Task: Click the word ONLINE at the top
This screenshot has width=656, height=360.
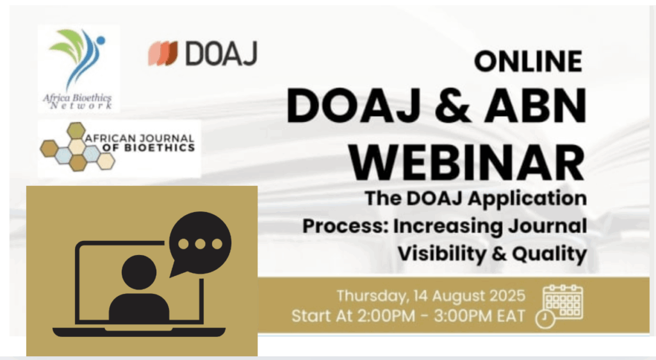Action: tap(528, 61)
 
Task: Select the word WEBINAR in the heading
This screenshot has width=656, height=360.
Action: tap(467, 162)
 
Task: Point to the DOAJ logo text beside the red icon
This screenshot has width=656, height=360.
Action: tap(221, 53)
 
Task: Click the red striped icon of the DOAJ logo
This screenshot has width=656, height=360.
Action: tap(163, 53)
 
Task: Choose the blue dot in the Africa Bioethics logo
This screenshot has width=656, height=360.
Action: tap(101, 40)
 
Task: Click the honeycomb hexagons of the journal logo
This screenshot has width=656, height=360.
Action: tap(77, 147)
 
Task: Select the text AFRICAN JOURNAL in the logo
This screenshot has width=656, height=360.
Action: tap(140, 138)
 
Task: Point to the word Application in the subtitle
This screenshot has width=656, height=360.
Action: tap(528, 199)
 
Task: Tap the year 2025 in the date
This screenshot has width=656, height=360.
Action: tap(507, 295)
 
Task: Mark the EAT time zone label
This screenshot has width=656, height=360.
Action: tap(511, 316)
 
